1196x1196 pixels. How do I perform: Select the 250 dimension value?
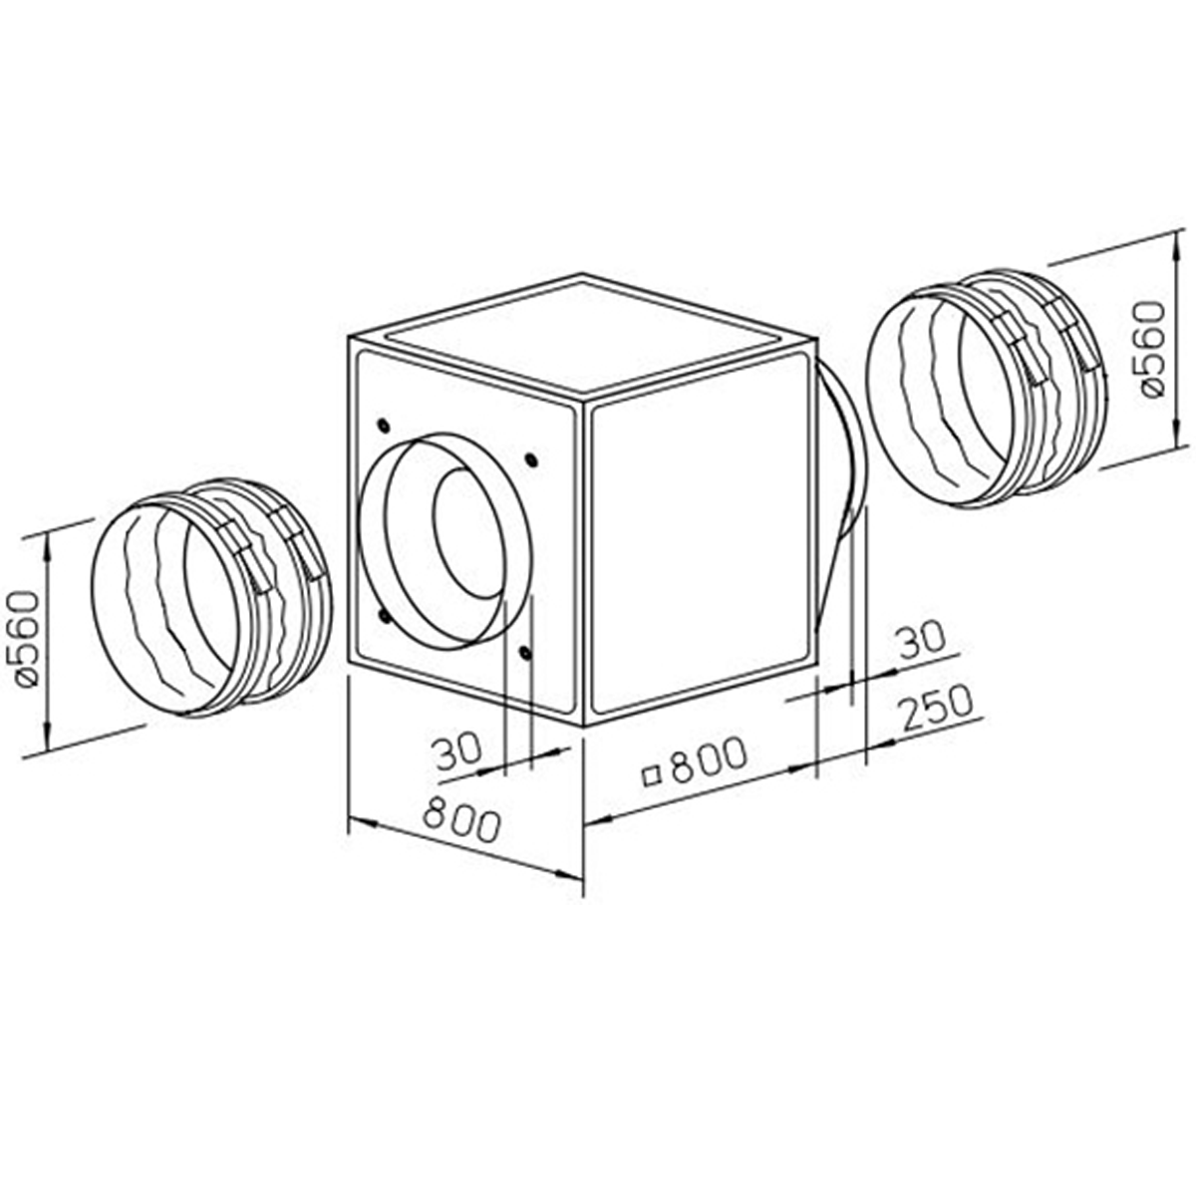pos(934,709)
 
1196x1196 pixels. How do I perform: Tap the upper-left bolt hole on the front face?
pos(382,425)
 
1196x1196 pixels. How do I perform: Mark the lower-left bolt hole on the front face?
pos(382,616)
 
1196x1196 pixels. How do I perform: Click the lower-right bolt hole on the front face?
pos(525,653)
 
